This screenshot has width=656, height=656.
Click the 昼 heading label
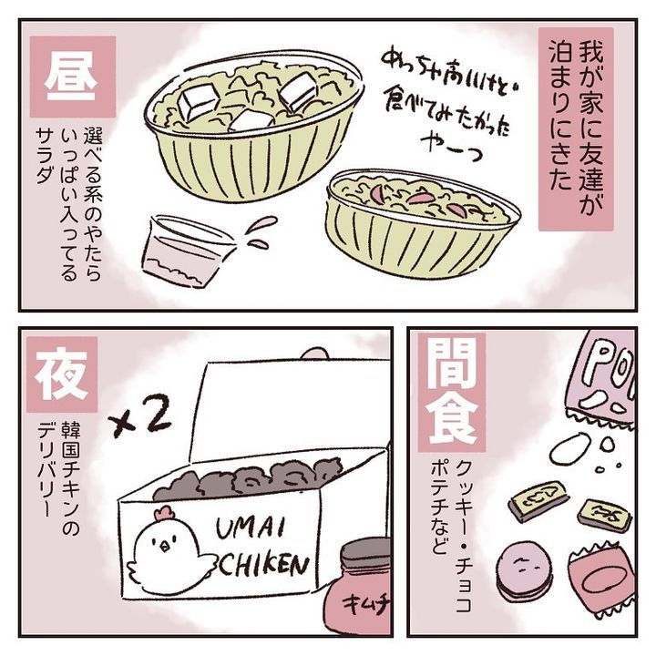click(x=72, y=77)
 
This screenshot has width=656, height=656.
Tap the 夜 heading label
click(x=62, y=374)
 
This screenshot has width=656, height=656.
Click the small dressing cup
click(x=184, y=251)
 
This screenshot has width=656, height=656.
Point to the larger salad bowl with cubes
click(x=254, y=126)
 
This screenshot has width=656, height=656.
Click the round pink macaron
click(x=523, y=569)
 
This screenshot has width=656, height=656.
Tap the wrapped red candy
click(x=602, y=580)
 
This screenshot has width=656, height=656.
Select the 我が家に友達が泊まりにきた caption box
click(x=576, y=129)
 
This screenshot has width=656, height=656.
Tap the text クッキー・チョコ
click(x=464, y=537)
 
